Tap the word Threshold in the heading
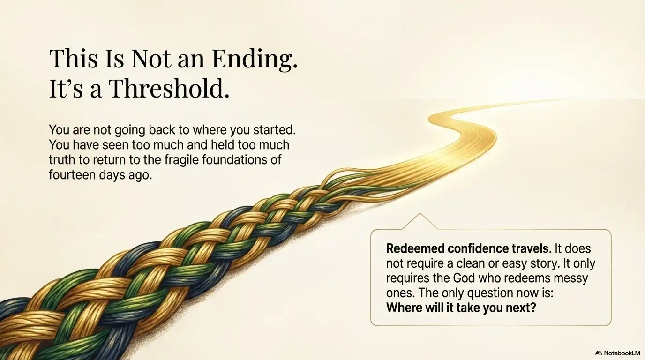tap(169, 89)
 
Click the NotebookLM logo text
tap(621, 353)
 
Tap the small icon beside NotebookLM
tap(599, 353)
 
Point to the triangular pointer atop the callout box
tap(420, 222)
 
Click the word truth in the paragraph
tap(63, 159)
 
